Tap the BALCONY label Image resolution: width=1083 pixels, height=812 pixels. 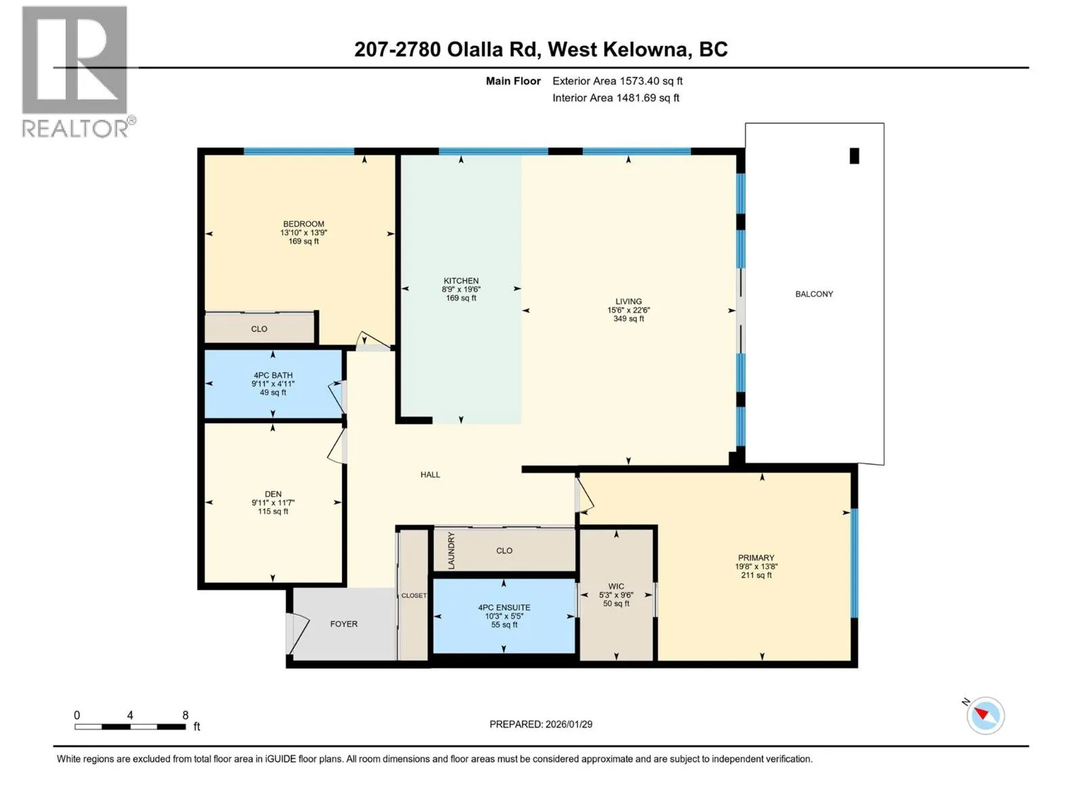coord(814,294)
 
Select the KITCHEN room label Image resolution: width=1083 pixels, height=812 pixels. coord(461,281)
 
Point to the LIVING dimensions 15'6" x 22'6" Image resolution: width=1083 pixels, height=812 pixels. coord(628,310)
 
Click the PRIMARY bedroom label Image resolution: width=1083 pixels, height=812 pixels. coord(756,558)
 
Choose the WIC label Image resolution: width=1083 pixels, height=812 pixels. coord(616,586)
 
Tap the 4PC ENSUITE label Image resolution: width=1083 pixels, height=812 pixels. coord(504,608)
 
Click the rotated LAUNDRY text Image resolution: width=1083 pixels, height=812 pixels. coord(451,551)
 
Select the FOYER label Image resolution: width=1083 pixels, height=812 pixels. coord(343,624)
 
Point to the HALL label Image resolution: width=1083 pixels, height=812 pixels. coord(430,474)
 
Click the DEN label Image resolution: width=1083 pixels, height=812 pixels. coord(273,493)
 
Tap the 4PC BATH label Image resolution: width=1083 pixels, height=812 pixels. coord(273,375)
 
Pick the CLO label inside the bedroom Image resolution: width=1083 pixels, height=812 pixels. coord(259,329)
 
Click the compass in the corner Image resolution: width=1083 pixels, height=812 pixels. coord(985,715)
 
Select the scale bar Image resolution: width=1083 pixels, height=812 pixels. coord(130,726)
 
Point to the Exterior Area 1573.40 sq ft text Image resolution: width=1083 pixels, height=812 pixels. coord(617,81)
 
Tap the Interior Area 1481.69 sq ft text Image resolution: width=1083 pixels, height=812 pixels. coord(616,97)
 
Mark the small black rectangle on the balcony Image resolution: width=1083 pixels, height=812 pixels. coord(854,156)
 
